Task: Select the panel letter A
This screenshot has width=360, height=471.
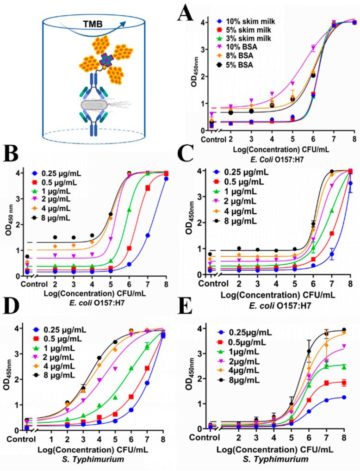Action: point(192,17)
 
